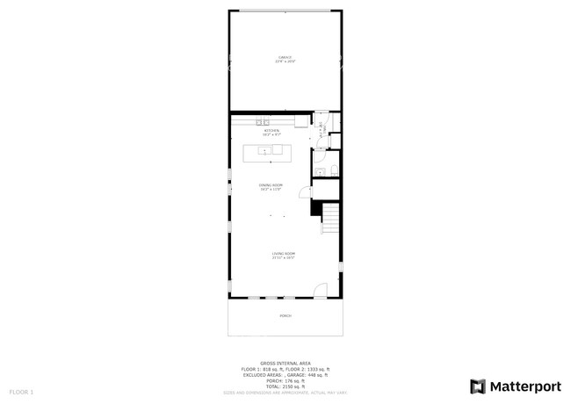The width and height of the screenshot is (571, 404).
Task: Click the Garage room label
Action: coord(285,60)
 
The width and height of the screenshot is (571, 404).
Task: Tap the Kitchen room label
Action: coord(271,132)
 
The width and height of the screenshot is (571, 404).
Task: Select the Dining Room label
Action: coord(271,186)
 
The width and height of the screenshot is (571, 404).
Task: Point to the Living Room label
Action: coord(283,255)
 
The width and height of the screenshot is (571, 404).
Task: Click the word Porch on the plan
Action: coord(285,314)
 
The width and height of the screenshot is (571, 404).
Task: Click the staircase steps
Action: coord(331,217)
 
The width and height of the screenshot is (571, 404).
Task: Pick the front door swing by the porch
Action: coord(321,291)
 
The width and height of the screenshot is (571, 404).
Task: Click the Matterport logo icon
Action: coord(478,386)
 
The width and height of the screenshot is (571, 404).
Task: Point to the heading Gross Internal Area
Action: coord(285,363)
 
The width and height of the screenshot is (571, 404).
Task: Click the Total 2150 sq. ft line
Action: coord(285,386)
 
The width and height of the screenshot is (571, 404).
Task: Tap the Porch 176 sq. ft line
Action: coord(285,380)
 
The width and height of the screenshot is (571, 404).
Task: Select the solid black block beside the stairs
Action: coord(314,207)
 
